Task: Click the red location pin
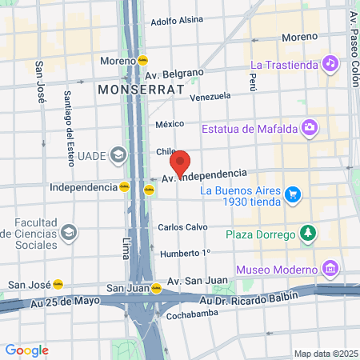pyautogui.click(x=181, y=162)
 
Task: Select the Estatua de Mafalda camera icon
pyautogui.click(x=309, y=127)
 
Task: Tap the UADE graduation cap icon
pyautogui.click(x=118, y=154)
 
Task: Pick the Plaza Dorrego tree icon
pyautogui.click(x=308, y=234)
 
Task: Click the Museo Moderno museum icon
pyautogui.click(x=329, y=267)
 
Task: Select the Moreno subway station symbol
pyautogui.click(x=142, y=60)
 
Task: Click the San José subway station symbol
pyautogui.click(x=58, y=284)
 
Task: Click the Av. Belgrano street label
pyautogui.click(x=174, y=74)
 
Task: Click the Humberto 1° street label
pyautogui.click(x=185, y=254)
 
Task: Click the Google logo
pyautogui.click(x=26, y=350)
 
